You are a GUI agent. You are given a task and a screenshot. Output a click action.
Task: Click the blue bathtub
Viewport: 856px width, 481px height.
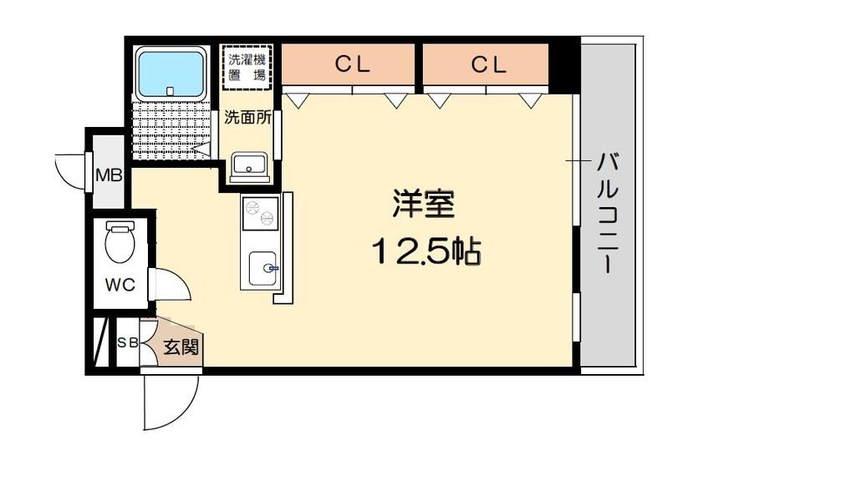pyautogui.click(x=171, y=73)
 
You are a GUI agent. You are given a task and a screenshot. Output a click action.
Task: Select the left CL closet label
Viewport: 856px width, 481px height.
pyautogui.click(x=353, y=65)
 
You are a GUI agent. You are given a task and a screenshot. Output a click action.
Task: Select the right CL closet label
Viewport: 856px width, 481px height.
pyautogui.click(x=489, y=65)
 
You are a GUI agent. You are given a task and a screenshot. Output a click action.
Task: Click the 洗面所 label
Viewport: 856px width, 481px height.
pyautogui.click(x=247, y=118)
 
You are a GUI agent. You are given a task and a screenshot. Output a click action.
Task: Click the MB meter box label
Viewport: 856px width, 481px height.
pyautogui.click(x=109, y=175)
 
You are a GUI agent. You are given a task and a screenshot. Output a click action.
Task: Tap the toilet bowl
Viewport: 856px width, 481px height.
pyautogui.click(x=120, y=242)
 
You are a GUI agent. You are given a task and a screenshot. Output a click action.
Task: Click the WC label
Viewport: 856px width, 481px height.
pyautogui.click(x=120, y=285)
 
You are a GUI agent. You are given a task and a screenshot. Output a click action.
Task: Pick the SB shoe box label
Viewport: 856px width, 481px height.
pyautogui.click(x=128, y=342)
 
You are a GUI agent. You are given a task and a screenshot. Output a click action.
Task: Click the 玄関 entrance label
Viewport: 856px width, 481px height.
pyautogui.click(x=181, y=345)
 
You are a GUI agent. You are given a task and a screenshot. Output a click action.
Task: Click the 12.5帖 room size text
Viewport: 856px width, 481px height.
pyautogui.click(x=426, y=250)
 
